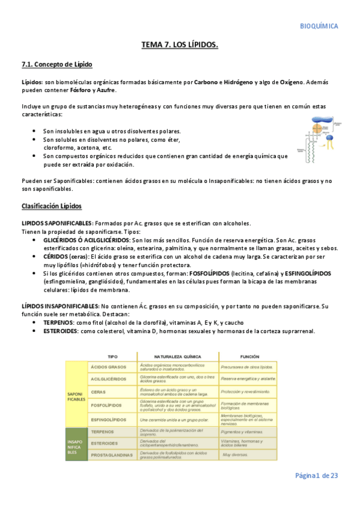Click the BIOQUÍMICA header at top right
(319, 26)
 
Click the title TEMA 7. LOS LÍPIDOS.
(180, 45)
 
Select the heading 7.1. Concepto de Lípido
(56, 64)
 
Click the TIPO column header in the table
(112, 356)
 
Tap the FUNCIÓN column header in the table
(249, 356)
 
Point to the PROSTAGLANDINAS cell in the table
(111, 455)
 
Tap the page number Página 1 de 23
(316, 475)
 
